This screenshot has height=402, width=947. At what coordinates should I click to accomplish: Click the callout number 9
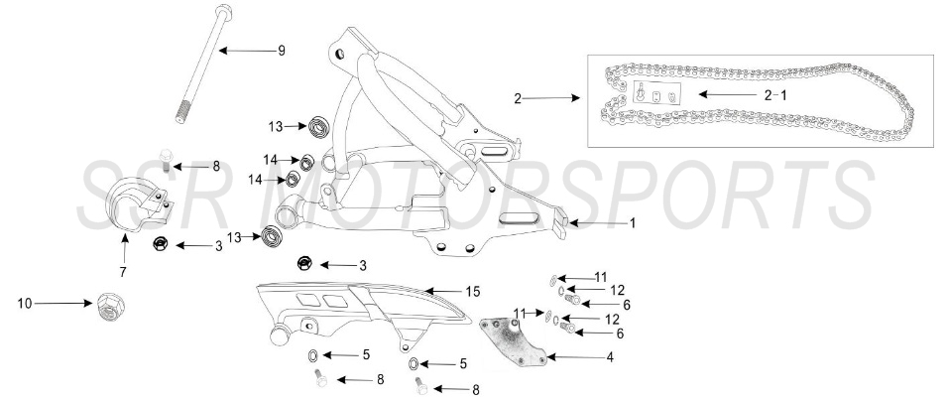[x=281, y=50]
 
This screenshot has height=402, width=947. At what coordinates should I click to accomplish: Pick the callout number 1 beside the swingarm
[x=632, y=223]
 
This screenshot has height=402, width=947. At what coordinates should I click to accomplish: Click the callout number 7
[x=123, y=269]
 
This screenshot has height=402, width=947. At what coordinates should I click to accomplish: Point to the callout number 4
[x=608, y=356]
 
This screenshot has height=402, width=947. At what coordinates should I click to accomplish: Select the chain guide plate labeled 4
[x=514, y=342]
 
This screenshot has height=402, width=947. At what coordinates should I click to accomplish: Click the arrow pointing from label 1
[x=594, y=223]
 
